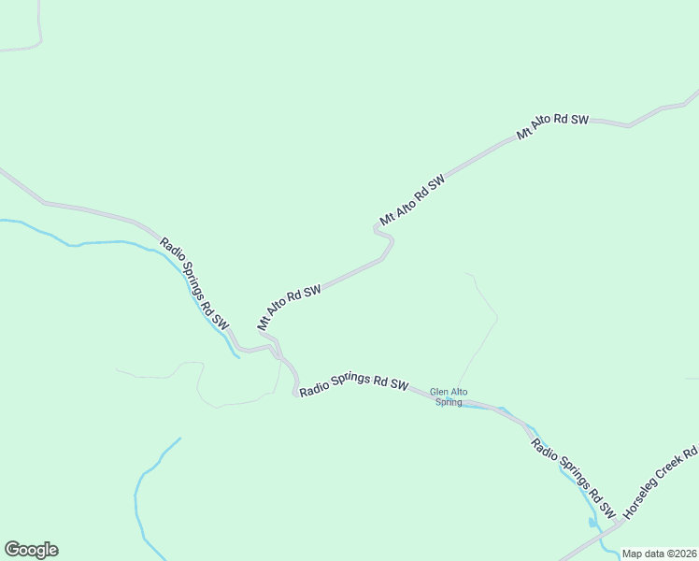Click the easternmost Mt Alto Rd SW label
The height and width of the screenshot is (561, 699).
click(x=553, y=127)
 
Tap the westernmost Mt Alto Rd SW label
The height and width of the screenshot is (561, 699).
click(x=290, y=307)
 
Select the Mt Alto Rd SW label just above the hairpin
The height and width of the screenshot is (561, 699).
click(x=411, y=198)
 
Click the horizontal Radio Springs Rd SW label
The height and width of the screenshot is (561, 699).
click(x=354, y=383)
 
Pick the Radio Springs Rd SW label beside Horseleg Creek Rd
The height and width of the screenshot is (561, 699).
click(x=573, y=478)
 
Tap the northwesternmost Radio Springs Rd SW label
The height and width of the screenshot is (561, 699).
click(x=194, y=281)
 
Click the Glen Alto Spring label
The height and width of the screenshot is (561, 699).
click(x=449, y=397)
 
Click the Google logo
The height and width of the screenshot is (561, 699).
click(x=31, y=550)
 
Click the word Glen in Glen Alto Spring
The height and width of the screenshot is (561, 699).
click(x=437, y=392)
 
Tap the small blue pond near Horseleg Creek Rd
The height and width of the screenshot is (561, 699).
click(x=592, y=521)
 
